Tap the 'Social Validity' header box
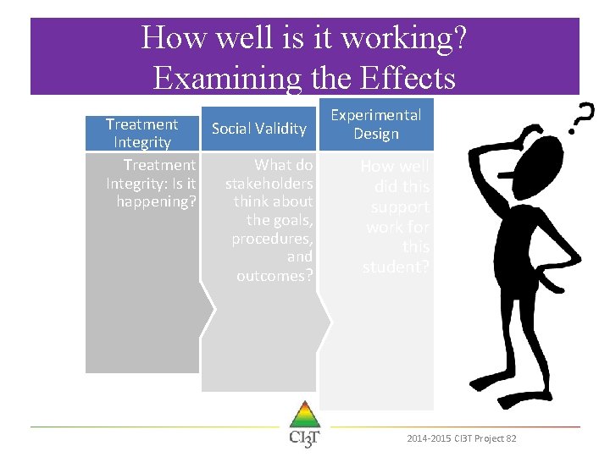258,129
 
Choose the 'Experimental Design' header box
375,124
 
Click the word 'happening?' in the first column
157,201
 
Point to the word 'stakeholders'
269,184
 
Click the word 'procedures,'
272,239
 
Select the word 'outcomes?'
274,276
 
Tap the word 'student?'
396,267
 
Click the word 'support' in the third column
402,206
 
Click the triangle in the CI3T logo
304,416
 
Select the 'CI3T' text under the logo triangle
304,439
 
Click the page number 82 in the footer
511,438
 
